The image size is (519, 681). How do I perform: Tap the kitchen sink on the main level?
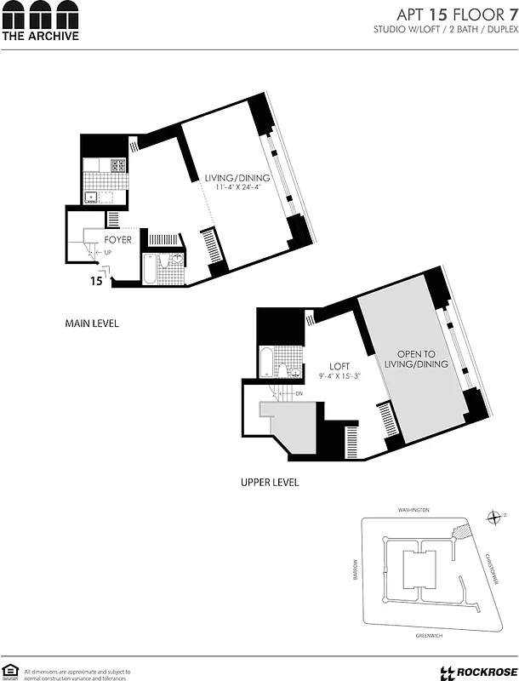90,198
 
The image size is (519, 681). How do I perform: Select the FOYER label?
117,240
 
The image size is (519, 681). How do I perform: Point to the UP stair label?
107,252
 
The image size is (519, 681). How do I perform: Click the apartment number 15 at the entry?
96,279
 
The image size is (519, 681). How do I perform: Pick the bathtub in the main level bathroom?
151,271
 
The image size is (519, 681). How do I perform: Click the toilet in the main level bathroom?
177,260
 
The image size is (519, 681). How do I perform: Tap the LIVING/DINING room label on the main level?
237,178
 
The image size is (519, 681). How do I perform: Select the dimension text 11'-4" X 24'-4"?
237,187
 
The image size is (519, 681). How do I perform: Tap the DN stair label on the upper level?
298,393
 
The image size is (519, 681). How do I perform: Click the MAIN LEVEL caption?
91,323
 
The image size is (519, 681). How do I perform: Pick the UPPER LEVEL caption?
270,483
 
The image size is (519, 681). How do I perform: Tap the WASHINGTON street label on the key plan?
413,510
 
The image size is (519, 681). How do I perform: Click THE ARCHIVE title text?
40,36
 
